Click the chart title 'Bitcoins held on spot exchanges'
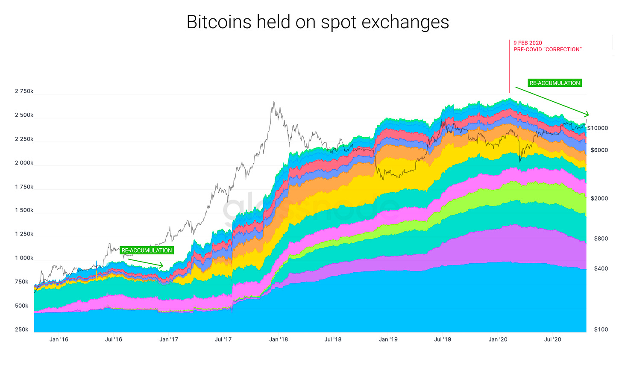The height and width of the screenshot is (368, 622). click(x=317, y=22)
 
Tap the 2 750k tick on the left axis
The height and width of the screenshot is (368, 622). click(x=24, y=91)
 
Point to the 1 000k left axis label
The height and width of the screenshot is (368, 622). click(x=24, y=258)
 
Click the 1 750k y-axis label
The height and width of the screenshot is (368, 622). click(x=24, y=187)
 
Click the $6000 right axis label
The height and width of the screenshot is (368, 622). click(x=599, y=150)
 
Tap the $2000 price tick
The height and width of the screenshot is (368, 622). click(x=599, y=198)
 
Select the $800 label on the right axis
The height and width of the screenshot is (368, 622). click(x=601, y=238)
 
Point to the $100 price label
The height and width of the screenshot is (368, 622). click(x=601, y=330)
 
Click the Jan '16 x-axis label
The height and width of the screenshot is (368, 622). click(x=59, y=339)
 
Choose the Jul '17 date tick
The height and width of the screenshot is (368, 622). click(x=223, y=339)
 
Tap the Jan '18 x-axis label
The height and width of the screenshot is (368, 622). click(x=279, y=339)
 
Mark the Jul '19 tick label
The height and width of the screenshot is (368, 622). click(x=443, y=339)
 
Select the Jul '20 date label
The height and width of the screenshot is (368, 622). click(x=552, y=339)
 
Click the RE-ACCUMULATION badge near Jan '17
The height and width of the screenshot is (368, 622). click(x=147, y=250)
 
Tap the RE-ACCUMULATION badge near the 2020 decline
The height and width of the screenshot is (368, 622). click(x=555, y=83)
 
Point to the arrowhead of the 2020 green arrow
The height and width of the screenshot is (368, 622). click(x=587, y=114)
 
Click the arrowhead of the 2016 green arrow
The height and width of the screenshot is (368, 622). click(x=161, y=266)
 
